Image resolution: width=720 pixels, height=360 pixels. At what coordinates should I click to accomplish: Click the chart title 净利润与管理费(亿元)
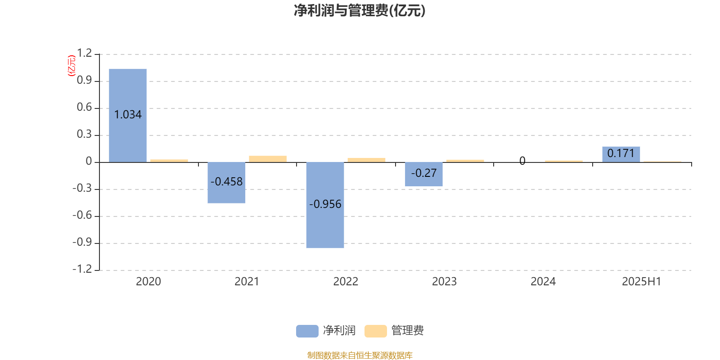360,11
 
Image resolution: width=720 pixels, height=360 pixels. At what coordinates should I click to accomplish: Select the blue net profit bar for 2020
128,116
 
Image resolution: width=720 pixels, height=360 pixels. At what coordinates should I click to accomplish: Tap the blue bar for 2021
226,183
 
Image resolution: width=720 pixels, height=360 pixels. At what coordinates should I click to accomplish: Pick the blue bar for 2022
325,205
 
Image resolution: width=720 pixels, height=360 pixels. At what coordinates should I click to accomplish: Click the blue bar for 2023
423,174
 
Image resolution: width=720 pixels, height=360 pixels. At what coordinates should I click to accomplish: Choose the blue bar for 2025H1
621,155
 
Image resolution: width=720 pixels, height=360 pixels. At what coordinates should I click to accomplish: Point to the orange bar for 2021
268,159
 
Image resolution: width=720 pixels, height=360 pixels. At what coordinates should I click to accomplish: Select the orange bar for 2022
366,160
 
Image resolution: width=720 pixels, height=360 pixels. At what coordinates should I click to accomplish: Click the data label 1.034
128,115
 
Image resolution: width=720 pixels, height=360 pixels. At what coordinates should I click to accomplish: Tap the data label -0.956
325,204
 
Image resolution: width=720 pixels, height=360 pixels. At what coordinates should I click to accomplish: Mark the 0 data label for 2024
522,161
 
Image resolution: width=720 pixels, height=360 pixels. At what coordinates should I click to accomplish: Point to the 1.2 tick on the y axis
85,53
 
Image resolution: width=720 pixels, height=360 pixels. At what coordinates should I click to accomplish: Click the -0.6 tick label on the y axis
82,215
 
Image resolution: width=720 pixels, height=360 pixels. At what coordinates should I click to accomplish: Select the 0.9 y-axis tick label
85,80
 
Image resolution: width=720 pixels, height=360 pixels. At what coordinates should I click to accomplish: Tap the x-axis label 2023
444,282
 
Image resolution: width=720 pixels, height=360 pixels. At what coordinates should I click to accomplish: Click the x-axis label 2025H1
642,282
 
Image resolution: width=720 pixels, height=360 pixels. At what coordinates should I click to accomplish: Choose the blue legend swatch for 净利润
307,331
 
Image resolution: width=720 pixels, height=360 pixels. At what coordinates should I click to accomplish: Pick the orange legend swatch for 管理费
375,331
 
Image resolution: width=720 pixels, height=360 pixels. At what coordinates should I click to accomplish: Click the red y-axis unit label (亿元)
72,66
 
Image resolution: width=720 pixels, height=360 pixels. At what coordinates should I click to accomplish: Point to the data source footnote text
360,355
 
